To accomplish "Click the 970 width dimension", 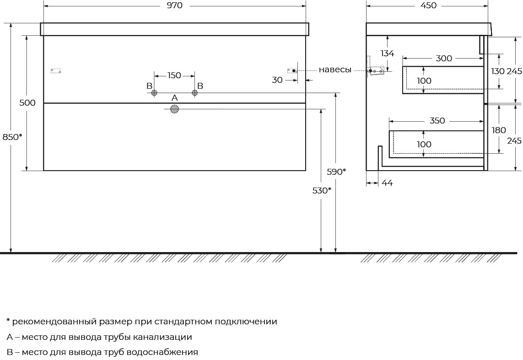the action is tap(174, 5).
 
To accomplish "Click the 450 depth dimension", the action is tap(428, 5).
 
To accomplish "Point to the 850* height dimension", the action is tap(12, 137).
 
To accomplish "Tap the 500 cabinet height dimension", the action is tap(27, 102).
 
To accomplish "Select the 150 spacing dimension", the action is tap(174, 75).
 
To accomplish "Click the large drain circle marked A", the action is tap(174, 109).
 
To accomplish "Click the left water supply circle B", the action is tap(154, 93).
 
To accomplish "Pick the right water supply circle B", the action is tap(195, 93).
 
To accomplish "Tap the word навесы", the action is tap(335, 70).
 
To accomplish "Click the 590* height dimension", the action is tap(336, 172).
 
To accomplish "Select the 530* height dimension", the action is tap(322, 190).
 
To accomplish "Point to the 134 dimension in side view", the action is tap(387, 54).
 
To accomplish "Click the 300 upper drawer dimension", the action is tap(444, 59).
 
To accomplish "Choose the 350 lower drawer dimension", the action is tap(437, 121).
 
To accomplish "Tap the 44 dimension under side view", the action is tap(387, 183).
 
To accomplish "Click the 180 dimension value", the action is tap(499, 130).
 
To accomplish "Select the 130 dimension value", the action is tap(498, 71).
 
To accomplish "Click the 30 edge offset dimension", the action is tap(277, 80).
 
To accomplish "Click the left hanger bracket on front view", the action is tap(56, 70).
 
